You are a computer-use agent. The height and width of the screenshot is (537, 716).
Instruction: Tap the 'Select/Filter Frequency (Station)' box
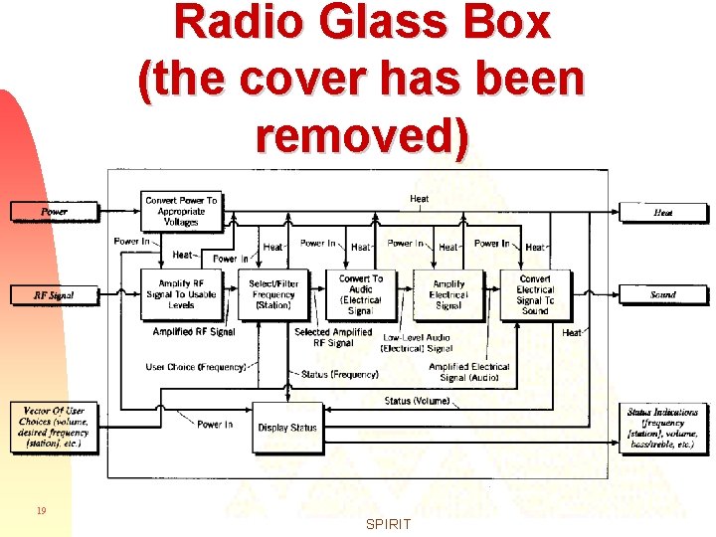273,294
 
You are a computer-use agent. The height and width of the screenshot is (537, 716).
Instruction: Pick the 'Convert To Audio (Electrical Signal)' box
360,294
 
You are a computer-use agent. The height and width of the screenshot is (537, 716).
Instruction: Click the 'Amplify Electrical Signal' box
447,294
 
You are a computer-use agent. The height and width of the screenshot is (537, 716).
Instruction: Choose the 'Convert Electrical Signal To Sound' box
535,294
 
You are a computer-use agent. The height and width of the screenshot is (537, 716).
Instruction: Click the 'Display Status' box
286,428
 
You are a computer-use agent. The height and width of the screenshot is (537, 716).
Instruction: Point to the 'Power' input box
55,212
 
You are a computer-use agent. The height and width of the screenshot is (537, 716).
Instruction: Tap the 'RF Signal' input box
55,295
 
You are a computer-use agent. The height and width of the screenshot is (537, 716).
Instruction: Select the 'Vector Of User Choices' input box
55,427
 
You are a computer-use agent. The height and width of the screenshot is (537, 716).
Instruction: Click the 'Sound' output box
663,295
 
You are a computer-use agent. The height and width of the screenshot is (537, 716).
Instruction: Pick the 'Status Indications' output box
663,427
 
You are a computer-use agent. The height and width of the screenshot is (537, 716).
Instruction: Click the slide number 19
41,511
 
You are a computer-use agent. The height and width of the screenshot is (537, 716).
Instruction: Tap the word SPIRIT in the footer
388,524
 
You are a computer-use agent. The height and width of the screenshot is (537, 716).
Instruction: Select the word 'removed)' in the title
361,135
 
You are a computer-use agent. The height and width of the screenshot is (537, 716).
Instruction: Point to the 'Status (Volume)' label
417,401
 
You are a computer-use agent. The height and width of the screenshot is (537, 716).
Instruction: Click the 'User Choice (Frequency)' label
195,367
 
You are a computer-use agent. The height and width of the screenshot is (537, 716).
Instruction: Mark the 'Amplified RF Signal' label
196,332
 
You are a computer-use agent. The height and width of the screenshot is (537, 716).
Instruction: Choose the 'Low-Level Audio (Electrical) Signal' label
418,343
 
